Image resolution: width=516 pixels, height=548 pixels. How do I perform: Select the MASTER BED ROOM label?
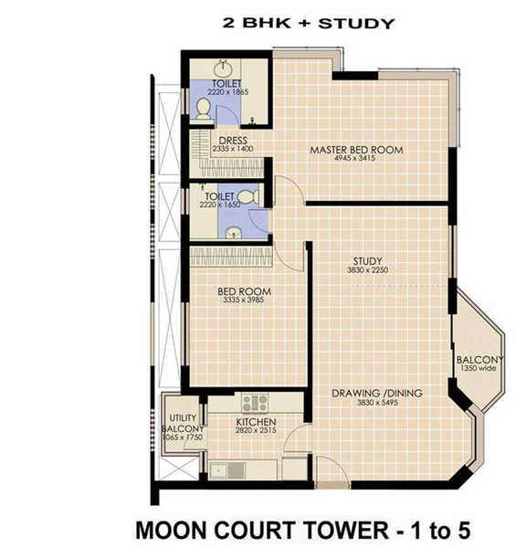pyautogui.click(x=355, y=150)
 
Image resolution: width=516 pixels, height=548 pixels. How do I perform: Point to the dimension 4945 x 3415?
pyautogui.click(x=355, y=160)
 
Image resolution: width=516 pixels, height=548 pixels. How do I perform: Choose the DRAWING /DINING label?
pyautogui.click(x=376, y=393)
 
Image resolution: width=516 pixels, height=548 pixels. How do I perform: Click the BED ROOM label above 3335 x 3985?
pyautogui.click(x=244, y=292)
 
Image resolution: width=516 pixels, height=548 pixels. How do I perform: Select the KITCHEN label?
pyautogui.click(x=256, y=423)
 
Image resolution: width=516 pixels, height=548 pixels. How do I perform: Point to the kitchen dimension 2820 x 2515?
pyautogui.click(x=256, y=433)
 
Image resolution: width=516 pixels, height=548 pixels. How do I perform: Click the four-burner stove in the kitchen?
pyautogui.click(x=255, y=402)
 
